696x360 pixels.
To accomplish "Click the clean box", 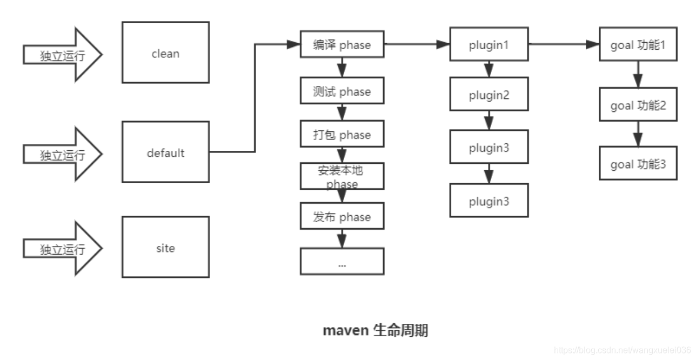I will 165,52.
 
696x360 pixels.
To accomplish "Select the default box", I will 165,152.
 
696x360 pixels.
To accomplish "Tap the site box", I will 165,247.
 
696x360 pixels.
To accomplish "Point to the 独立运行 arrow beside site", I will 63,249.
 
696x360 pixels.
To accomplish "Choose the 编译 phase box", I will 342,45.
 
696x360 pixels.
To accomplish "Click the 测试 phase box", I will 342,91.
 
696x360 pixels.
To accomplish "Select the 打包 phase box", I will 342,135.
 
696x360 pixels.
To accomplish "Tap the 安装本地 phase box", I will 342,176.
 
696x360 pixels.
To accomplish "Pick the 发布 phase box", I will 342,217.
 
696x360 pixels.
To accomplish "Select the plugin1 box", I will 489,45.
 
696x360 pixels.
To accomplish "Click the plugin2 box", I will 489,95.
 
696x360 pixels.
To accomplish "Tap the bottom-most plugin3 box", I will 489,201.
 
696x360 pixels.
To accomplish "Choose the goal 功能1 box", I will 638,45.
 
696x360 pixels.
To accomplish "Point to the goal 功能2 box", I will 638,105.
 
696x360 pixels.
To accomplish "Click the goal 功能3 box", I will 638,164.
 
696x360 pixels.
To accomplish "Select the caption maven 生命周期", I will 376,330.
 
